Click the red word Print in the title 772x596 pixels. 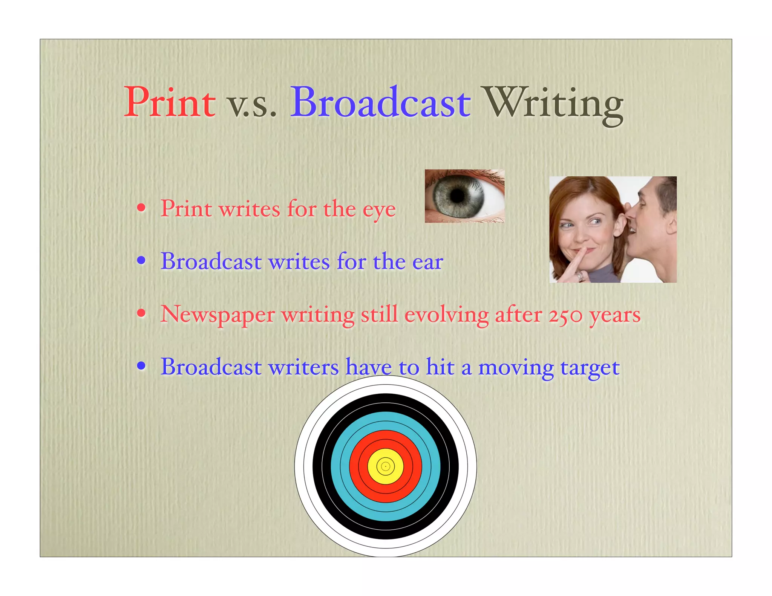(x=170, y=102)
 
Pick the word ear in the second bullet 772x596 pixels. (x=427, y=261)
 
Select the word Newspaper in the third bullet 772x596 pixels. (x=218, y=315)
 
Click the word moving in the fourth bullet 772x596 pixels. (x=516, y=368)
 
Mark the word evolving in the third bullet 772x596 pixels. (x=446, y=314)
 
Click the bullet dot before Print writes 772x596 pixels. (x=141, y=208)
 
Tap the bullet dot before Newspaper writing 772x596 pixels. (x=141, y=313)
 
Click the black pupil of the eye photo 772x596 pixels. (x=457, y=195)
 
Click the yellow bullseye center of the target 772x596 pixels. (x=385, y=466)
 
